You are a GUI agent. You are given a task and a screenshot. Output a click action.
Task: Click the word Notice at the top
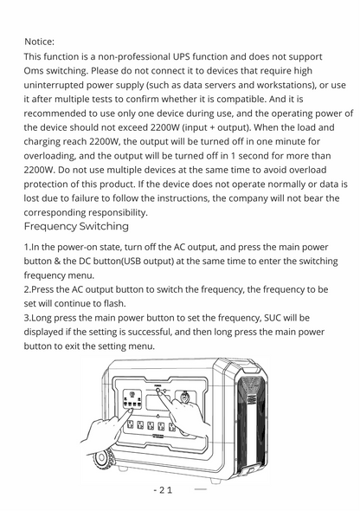click(39, 41)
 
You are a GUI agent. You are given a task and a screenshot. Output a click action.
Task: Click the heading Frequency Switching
click(76, 226)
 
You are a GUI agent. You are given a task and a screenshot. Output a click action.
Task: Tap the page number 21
click(164, 490)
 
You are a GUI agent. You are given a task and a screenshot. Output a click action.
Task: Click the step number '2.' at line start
click(28, 289)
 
